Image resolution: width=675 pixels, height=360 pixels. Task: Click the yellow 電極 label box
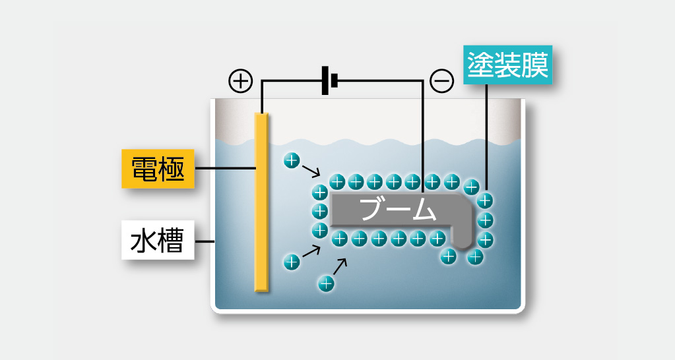tap(158, 169)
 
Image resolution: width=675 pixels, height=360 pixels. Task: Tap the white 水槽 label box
tap(158, 241)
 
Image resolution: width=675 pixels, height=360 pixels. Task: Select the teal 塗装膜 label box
tap(507, 66)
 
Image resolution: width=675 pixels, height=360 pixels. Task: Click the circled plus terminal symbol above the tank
tap(240, 80)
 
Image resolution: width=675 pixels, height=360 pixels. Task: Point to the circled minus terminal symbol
tap(441, 80)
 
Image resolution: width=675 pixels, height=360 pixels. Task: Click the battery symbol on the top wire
tap(329, 80)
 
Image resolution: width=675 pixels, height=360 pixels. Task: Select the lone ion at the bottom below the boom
tap(326, 284)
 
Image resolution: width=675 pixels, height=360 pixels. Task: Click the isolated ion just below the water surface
tap(291, 160)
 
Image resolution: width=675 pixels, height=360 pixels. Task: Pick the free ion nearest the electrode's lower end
tap(291, 261)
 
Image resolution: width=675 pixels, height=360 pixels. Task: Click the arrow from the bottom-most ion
tap(340, 266)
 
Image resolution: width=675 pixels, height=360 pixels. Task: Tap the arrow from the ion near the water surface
tap(310, 172)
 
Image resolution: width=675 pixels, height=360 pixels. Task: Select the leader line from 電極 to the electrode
tap(226, 169)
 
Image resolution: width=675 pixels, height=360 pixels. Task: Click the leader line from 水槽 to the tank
tap(205, 241)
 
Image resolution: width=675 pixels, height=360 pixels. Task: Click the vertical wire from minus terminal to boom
tap(422, 132)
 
